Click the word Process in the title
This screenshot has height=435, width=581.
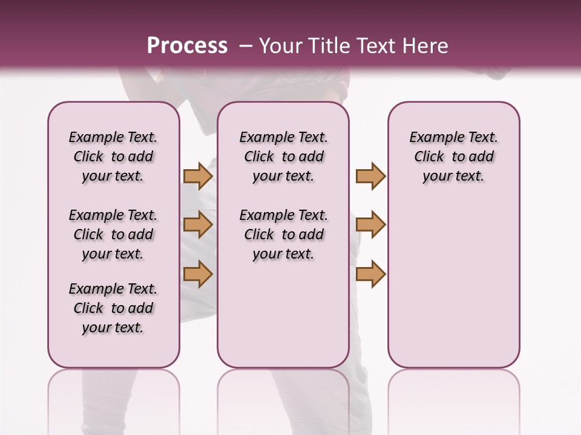(x=187, y=45)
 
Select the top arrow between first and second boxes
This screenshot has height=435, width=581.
(x=198, y=176)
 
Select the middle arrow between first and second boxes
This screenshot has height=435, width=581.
(x=198, y=225)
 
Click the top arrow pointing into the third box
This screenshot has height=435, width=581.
(x=370, y=176)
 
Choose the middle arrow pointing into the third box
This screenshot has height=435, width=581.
(x=370, y=225)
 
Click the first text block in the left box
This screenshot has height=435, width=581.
(x=113, y=156)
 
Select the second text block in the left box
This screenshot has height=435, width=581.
(x=113, y=234)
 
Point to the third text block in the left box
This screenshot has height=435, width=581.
(x=113, y=308)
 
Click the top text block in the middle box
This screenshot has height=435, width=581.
(x=283, y=156)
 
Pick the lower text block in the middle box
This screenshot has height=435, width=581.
(x=283, y=234)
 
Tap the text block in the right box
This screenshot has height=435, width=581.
(x=453, y=156)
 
